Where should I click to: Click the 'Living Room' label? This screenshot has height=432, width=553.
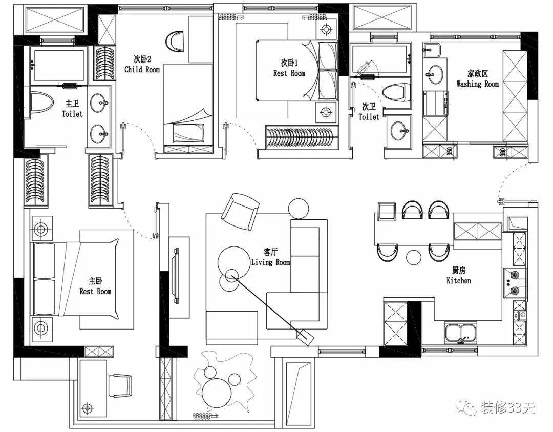click(x=270, y=262)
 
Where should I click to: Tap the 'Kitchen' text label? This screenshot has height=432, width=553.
click(x=459, y=280)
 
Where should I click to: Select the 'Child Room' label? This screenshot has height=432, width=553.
click(x=142, y=69)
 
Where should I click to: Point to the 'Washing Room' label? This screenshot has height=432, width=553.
click(x=477, y=84)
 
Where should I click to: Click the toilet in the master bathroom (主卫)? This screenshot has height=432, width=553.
click(x=40, y=101)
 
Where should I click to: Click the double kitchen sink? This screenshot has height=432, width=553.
click(x=461, y=333)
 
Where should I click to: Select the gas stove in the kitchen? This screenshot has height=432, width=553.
click(x=515, y=283)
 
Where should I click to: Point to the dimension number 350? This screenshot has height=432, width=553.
click(x=449, y=152)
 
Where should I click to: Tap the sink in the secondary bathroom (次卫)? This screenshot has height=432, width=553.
click(x=401, y=130)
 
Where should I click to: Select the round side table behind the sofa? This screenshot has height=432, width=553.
click(x=299, y=208)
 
